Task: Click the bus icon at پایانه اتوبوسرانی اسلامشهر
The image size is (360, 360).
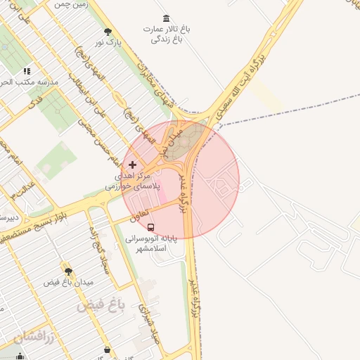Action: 151,226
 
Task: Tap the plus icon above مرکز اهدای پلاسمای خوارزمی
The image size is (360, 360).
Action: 132,164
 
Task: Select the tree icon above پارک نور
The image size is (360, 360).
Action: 108,32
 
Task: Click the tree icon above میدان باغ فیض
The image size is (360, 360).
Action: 68,271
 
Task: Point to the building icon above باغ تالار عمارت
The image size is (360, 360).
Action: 166,18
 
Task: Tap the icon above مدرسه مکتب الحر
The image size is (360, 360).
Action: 27,71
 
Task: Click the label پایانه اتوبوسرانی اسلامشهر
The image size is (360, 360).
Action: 151,243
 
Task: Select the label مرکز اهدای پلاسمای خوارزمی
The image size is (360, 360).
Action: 133,181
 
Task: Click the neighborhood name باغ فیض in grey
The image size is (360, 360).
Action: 101,306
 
